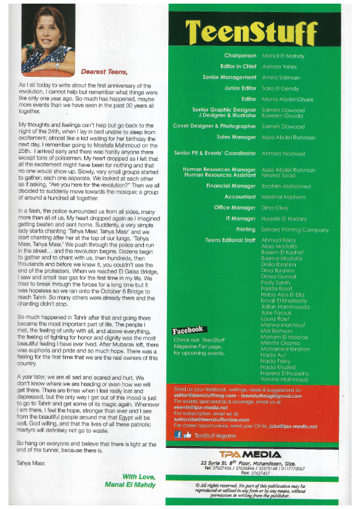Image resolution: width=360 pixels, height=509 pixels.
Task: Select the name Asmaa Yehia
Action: coord(280,66)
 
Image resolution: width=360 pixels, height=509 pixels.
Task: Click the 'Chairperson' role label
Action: coord(240,56)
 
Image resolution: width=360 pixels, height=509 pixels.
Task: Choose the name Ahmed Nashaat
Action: coord(284,154)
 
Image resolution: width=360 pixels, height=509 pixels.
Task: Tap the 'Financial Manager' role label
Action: coord(231,186)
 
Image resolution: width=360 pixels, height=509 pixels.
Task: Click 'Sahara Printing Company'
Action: coord(295,230)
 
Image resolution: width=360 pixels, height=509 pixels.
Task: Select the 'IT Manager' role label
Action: coord(241,219)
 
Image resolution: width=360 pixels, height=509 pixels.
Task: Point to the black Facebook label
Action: coord(188,331)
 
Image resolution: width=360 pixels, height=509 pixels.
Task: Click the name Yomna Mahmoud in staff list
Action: coord(284,380)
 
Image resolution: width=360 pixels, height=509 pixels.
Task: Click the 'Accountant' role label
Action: coord(240,197)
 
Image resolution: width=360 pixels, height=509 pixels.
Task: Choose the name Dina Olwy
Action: coord(275,208)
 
